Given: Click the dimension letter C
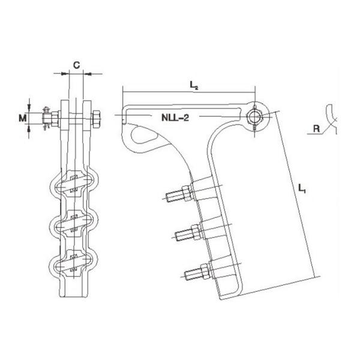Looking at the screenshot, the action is pyautogui.click(x=76, y=65).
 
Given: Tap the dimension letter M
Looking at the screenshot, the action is pyautogui.click(x=23, y=118).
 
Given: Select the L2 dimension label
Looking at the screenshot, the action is pyautogui.click(x=194, y=85).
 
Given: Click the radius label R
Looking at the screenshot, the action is pyautogui.click(x=316, y=128).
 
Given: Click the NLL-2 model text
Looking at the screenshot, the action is pyautogui.click(x=175, y=118).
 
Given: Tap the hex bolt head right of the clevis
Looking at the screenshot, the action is pyautogui.click(x=96, y=119).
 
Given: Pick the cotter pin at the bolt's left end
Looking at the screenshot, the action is pyautogui.click(x=46, y=118).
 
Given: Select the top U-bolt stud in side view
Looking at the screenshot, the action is pyautogui.click(x=179, y=194).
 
